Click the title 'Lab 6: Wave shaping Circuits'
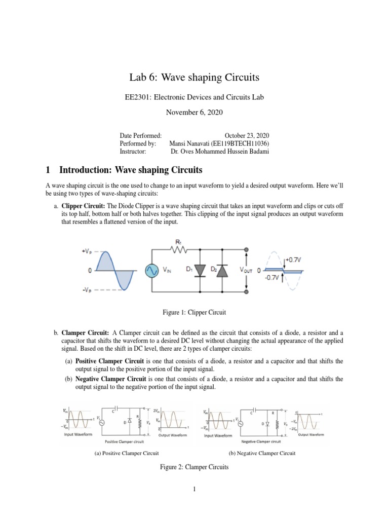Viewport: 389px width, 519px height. [x=194, y=78]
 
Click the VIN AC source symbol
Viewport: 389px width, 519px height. [x=151, y=271]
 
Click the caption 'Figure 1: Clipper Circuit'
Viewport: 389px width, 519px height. [x=194, y=313]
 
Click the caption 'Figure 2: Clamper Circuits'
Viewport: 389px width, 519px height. [x=194, y=467]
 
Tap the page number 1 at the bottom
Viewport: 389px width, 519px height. [x=194, y=489]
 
